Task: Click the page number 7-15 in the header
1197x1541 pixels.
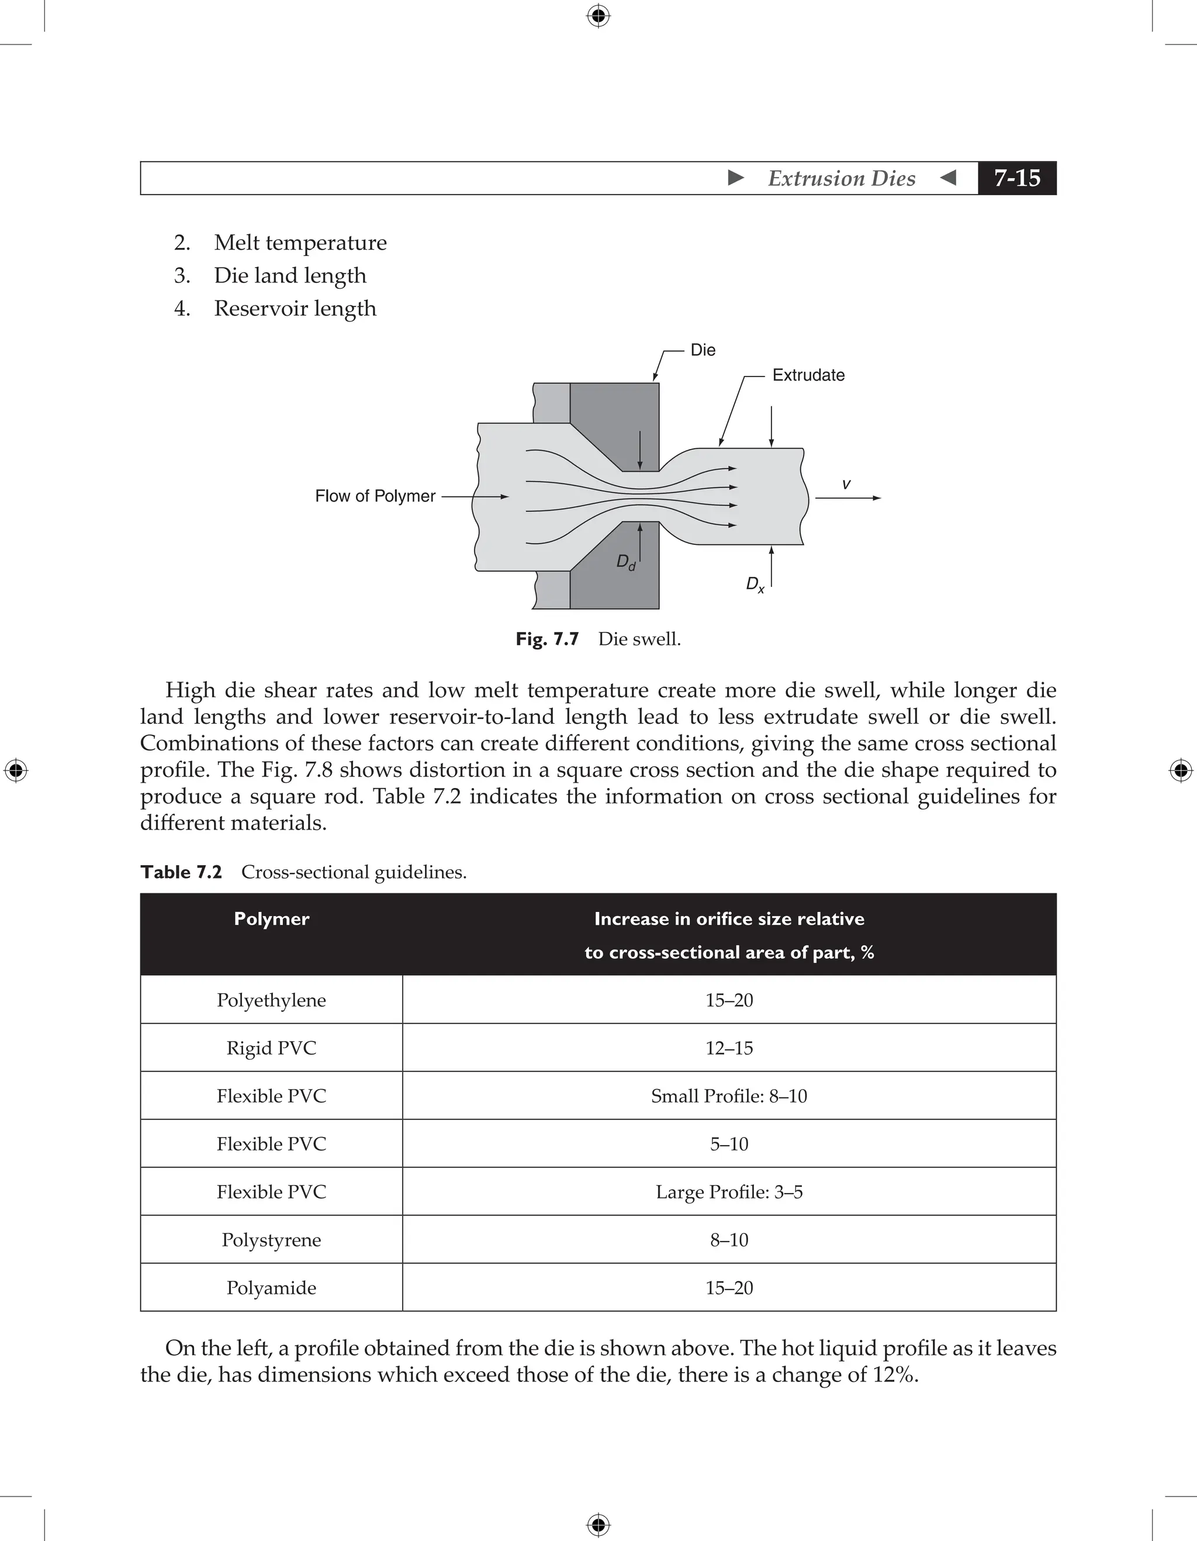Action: [x=1016, y=178]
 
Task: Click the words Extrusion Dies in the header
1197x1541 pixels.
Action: [x=842, y=178]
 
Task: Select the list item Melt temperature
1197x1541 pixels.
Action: [x=300, y=242]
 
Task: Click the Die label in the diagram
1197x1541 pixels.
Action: [x=703, y=350]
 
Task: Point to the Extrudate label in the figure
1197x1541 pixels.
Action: [x=808, y=375]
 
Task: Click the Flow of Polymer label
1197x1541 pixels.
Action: [x=375, y=496]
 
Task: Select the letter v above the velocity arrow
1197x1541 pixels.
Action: [x=846, y=484]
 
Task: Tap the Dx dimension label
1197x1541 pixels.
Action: [x=755, y=584]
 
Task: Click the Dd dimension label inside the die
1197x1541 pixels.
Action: [x=625, y=562]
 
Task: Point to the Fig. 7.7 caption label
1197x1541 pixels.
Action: [x=546, y=640]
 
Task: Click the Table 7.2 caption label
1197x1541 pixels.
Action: [x=181, y=872]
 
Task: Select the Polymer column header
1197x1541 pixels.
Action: [x=272, y=918]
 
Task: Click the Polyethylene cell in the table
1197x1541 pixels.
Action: [x=272, y=1000]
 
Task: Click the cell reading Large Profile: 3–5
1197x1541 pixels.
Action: [x=729, y=1192]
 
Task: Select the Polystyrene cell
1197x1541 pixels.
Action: [x=272, y=1240]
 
